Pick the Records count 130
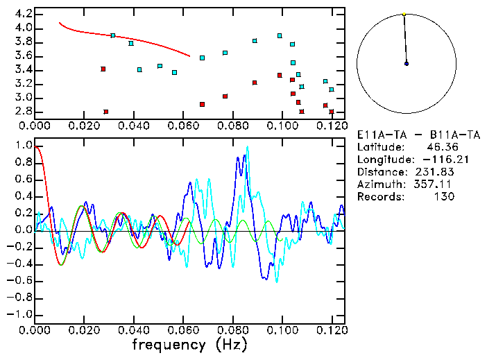(x=441, y=196)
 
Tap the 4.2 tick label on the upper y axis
(x=24, y=14)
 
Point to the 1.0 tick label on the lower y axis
(x=24, y=146)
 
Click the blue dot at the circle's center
(x=407, y=63)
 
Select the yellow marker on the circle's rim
(x=404, y=14)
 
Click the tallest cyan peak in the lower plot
(x=247, y=148)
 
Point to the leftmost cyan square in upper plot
(x=113, y=35)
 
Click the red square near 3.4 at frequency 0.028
(x=103, y=69)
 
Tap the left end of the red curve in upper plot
(x=59, y=22)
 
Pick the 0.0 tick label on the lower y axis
(x=24, y=230)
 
